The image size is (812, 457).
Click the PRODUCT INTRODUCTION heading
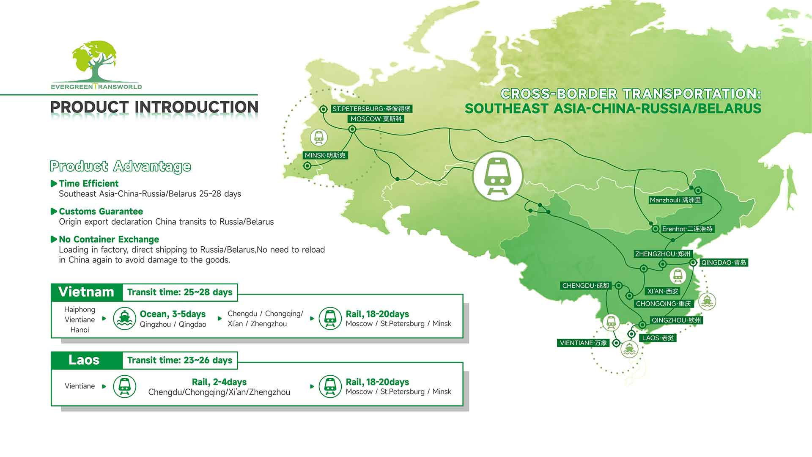[154, 107]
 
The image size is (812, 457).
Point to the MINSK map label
[325, 155]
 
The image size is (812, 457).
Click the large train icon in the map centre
[497, 176]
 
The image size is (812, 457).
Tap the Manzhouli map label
[675, 200]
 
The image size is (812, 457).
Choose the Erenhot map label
[687, 229]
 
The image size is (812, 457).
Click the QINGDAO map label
[724, 262]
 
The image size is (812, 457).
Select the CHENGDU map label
[586, 286]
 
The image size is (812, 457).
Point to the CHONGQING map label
[663, 304]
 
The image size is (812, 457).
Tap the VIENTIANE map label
[583, 343]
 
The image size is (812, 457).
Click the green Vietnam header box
[86, 292]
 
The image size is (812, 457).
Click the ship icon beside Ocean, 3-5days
[124, 318]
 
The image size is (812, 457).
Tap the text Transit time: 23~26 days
[180, 360]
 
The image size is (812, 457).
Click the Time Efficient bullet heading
[89, 184]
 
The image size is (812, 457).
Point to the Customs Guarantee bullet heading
[101, 212]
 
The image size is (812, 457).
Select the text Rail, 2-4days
[219, 382]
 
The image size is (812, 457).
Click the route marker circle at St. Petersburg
[324, 109]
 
